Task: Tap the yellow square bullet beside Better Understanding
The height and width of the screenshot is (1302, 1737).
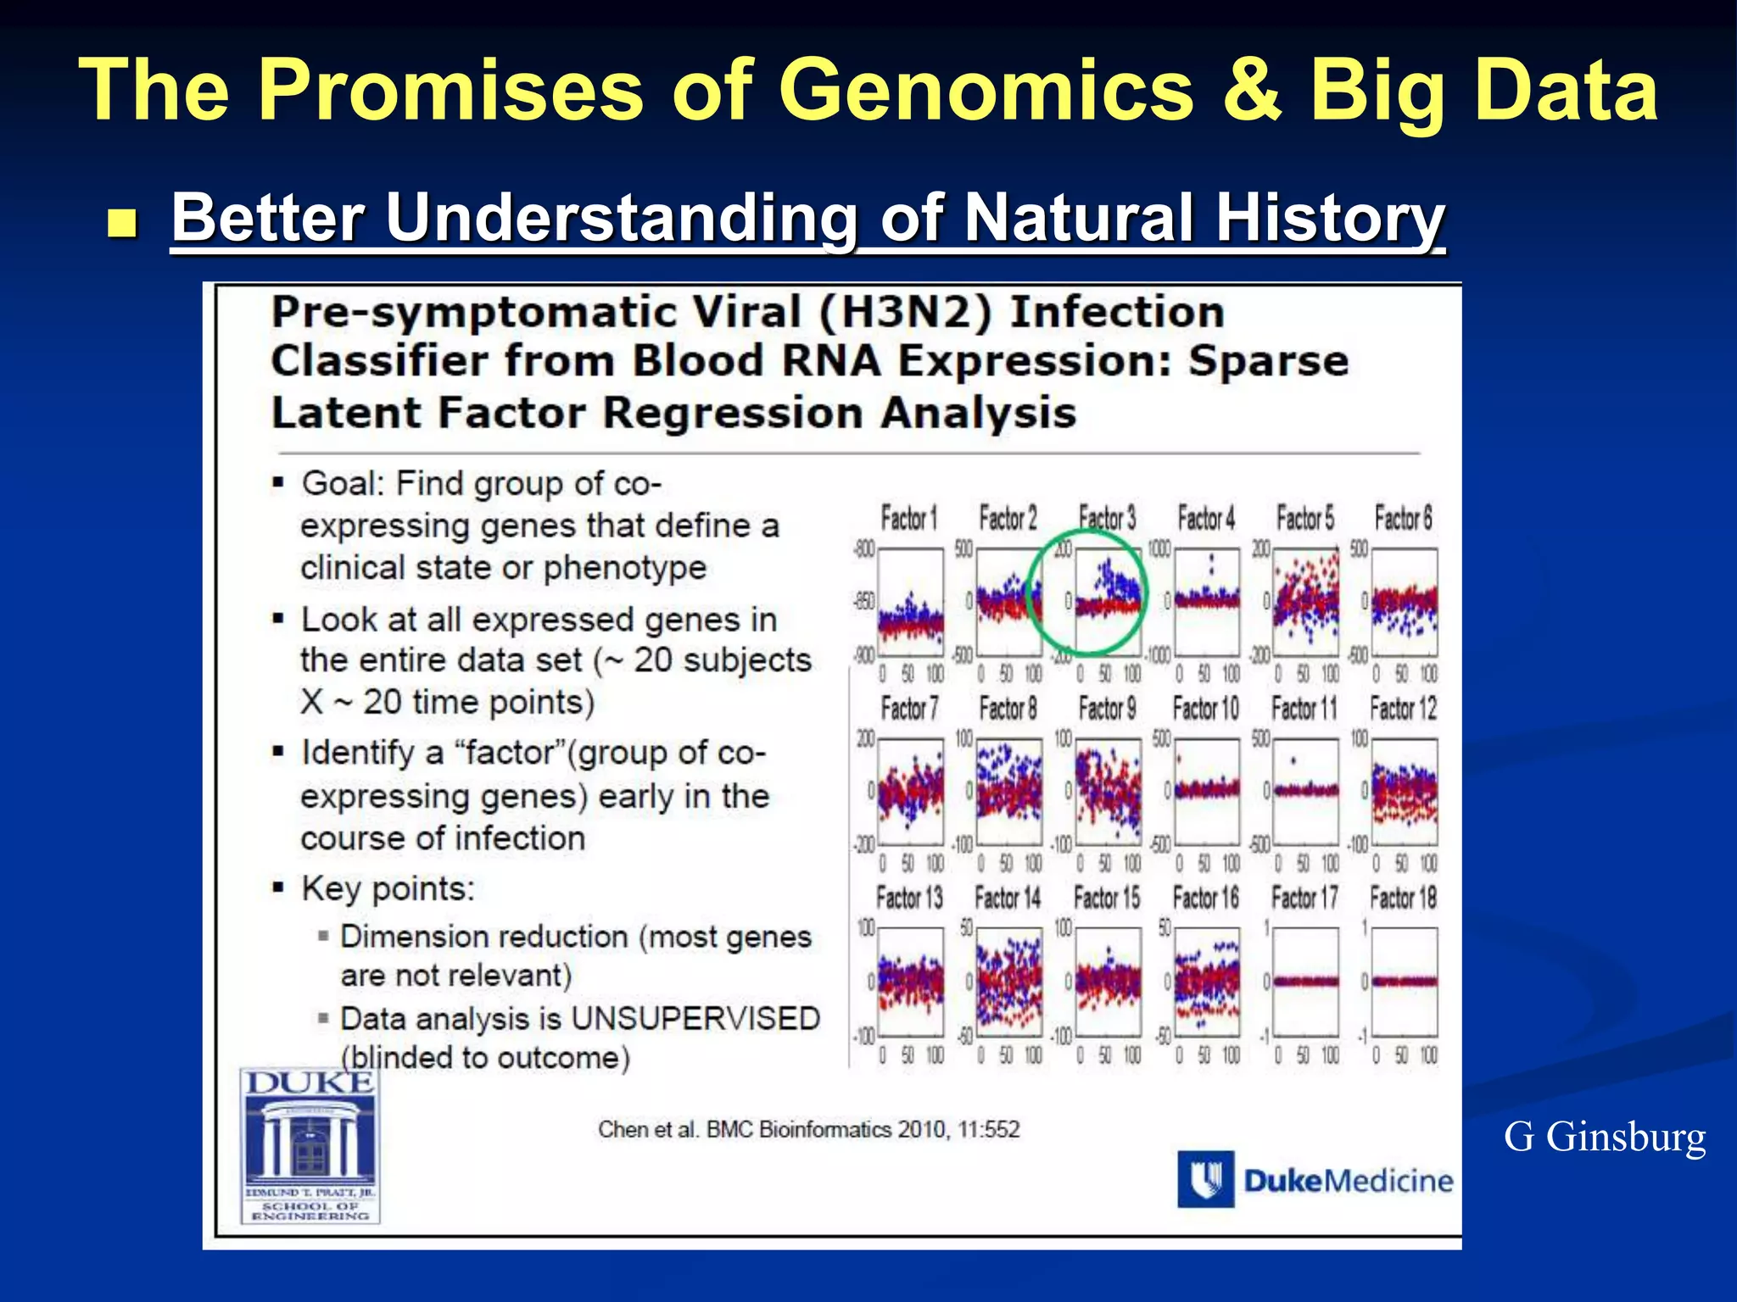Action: (x=123, y=224)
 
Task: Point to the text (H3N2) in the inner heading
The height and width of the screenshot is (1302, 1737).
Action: (x=905, y=312)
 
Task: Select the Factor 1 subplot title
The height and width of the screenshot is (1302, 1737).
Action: (x=909, y=518)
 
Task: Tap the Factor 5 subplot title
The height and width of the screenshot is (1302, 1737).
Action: (x=1305, y=518)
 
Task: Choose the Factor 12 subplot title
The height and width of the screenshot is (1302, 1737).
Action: (x=1404, y=708)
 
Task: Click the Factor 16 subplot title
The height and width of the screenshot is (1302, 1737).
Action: (x=1205, y=897)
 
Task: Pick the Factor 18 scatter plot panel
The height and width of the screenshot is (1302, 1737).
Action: (x=1405, y=982)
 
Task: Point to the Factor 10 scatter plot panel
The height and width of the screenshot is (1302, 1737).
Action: (x=1206, y=792)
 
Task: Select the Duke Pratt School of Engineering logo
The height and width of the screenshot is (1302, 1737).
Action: (x=310, y=1145)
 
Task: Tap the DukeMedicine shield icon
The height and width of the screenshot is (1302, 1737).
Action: (x=1205, y=1179)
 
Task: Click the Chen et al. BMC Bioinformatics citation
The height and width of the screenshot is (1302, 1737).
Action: (x=808, y=1129)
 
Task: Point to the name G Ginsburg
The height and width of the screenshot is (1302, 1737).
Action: (x=1604, y=1137)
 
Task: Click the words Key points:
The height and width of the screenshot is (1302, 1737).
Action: (x=388, y=888)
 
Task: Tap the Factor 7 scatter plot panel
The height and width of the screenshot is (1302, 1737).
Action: (x=910, y=792)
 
